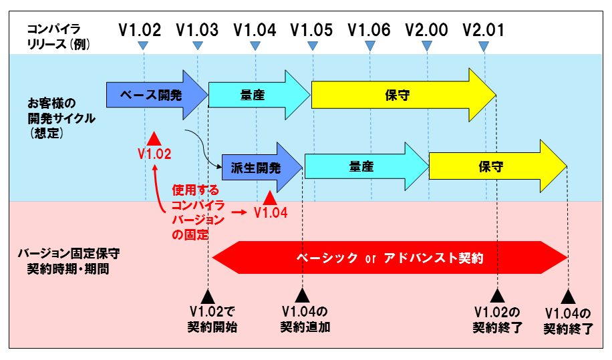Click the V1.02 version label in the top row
pos(140,30)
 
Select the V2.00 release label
pos(426,30)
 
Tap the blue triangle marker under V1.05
pos(312,46)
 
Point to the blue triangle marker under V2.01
pos(484,46)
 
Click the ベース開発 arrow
pos(157,95)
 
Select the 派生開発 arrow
pos(262,168)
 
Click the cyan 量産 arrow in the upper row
pos(259,95)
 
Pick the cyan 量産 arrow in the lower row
pos(367,166)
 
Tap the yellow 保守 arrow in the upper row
pos(404,95)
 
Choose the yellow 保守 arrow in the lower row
pos(498,166)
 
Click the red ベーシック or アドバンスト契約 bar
pos(390,257)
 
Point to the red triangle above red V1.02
pos(154,139)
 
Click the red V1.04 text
pos(271,213)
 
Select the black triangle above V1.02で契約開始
pos(208,297)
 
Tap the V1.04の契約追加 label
pos(305,319)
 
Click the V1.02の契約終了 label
pos(497,319)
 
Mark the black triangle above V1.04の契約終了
pos(568,297)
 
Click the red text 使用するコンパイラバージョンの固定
pos(198,212)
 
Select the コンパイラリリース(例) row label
pos(59,36)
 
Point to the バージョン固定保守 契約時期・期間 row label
pos(69,261)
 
